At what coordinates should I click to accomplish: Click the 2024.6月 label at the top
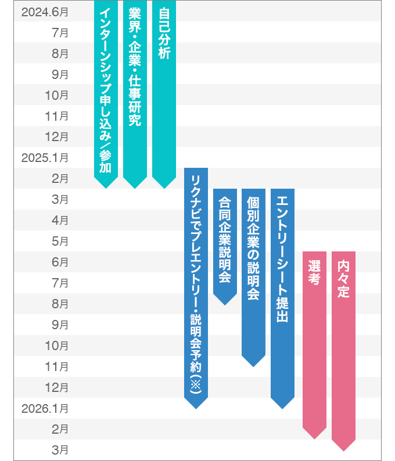click(45, 11)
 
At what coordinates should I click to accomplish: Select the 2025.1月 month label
click(45, 157)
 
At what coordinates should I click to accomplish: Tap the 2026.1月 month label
click(45, 408)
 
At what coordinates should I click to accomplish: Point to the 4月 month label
click(60, 220)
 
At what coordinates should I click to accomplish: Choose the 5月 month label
click(60, 241)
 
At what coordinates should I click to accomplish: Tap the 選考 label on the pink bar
click(314, 273)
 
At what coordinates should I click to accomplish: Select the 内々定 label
click(343, 279)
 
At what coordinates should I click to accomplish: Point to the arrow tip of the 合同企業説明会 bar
click(225, 304)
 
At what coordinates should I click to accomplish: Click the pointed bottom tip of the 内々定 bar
click(343, 450)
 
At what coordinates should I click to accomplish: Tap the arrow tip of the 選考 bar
click(314, 437)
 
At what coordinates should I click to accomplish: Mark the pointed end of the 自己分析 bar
click(164, 187)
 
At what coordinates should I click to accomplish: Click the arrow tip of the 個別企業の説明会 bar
click(253, 365)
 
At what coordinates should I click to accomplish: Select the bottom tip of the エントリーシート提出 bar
click(282, 408)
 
